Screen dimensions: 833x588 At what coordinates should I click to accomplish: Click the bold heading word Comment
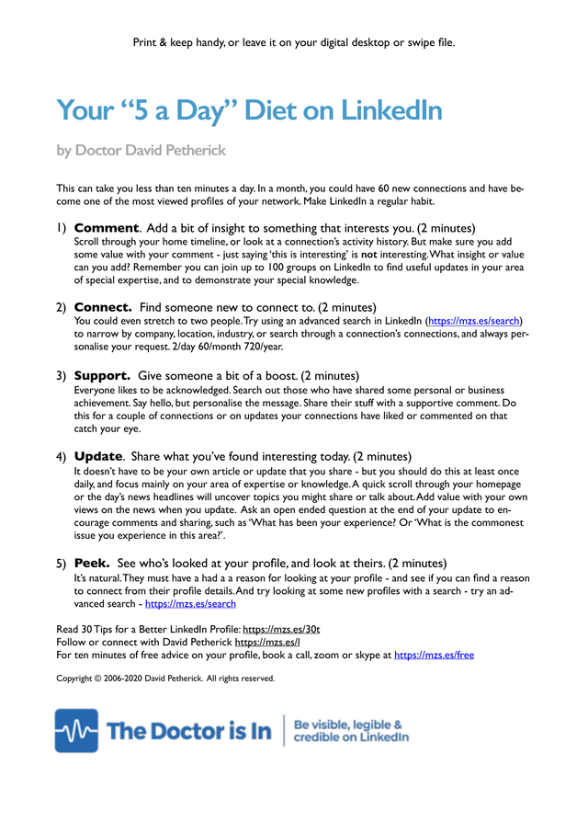click(x=106, y=227)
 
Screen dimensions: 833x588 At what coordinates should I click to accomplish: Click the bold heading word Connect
click(x=103, y=306)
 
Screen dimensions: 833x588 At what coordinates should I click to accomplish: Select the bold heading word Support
click(x=102, y=376)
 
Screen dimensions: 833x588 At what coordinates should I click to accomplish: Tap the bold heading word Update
click(x=97, y=456)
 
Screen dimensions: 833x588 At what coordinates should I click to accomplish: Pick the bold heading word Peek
click(x=92, y=562)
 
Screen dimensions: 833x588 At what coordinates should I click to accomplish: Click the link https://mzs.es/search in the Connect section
click(x=474, y=321)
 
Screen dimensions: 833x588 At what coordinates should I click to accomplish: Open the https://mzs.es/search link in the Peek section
click(x=190, y=604)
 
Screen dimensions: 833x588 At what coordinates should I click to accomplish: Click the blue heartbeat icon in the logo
click(x=76, y=730)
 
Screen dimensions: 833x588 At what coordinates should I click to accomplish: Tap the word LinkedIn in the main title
click(x=391, y=110)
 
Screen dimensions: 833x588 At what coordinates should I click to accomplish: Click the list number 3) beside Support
click(x=61, y=376)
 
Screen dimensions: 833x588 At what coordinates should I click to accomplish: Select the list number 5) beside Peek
click(x=61, y=562)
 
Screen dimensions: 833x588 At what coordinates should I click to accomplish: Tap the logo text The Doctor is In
click(x=189, y=731)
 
